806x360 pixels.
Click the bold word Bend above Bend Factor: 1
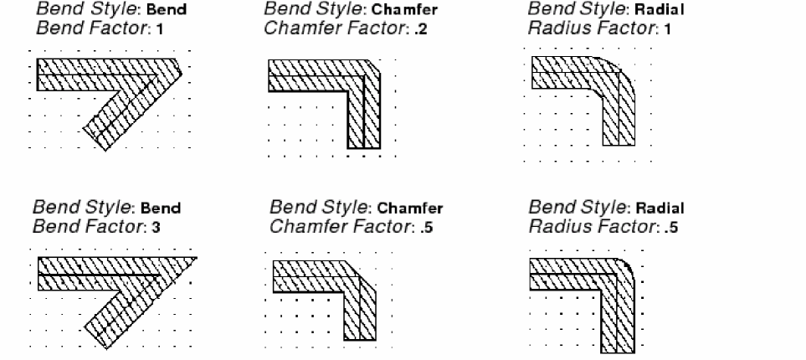[166, 10]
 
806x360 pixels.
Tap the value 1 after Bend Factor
[160, 29]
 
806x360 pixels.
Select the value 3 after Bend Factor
[156, 228]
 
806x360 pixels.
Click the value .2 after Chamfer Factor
[422, 29]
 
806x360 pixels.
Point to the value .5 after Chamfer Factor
[427, 228]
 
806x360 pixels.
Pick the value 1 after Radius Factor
[668, 29]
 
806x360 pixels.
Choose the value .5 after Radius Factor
[670, 228]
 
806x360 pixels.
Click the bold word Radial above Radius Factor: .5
[660, 208]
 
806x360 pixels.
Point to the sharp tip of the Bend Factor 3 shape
[196, 258]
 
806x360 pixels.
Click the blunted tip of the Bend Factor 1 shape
[179, 67]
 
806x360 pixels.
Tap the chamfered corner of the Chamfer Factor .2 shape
[375, 65]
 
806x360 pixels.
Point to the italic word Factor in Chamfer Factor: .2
[376, 29]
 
